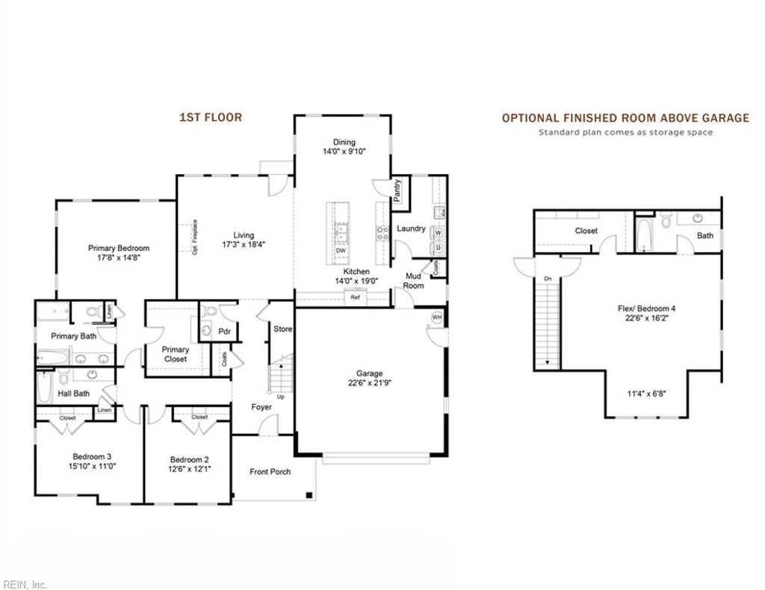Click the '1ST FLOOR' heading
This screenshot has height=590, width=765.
(210, 117)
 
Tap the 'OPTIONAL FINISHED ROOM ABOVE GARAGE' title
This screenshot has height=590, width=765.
(625, 118)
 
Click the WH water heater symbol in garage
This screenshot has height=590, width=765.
(436, 317)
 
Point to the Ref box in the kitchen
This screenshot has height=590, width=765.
(356, 298)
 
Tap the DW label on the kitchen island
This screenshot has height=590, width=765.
(340, 251)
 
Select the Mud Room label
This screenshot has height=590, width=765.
(413, 281)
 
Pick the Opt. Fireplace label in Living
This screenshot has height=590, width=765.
(194, 237)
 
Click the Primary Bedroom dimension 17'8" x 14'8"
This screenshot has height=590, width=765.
(118, 258)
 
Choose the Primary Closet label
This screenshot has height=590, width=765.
(176, 354)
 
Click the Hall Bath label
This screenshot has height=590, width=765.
(75, 394)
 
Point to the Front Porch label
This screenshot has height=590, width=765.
(270, 471)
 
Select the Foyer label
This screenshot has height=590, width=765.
(261, 407)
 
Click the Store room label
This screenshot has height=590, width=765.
(282, 329)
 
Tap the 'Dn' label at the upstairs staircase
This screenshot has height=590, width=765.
(547, 279)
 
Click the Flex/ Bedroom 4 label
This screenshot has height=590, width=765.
(647, 308)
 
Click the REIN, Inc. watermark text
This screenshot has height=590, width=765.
(25, 584)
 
